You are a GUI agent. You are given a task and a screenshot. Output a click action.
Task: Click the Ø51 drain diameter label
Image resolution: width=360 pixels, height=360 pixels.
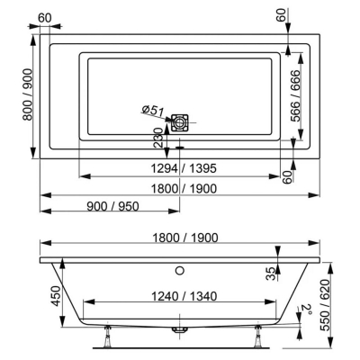pos(153,111)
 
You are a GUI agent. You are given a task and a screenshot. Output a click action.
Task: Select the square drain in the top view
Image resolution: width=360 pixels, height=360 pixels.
pos(180,122)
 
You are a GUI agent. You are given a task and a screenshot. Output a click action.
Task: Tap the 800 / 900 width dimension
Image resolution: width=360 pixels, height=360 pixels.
pos(27,94)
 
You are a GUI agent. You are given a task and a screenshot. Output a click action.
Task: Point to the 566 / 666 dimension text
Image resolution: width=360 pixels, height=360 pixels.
pos(295,95)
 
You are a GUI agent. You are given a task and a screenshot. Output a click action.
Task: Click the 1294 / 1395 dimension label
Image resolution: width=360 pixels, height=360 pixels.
pos(184,168)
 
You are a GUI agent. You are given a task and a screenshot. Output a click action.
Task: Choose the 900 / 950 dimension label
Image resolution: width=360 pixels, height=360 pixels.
pos(112,206)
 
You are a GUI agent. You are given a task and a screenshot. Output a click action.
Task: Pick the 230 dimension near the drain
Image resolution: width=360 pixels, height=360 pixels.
pos(158,137)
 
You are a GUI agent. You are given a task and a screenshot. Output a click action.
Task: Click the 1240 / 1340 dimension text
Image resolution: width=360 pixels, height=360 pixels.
pos(184,297)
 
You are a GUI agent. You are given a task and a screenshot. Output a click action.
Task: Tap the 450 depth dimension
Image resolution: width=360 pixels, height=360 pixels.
pos(56,296)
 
